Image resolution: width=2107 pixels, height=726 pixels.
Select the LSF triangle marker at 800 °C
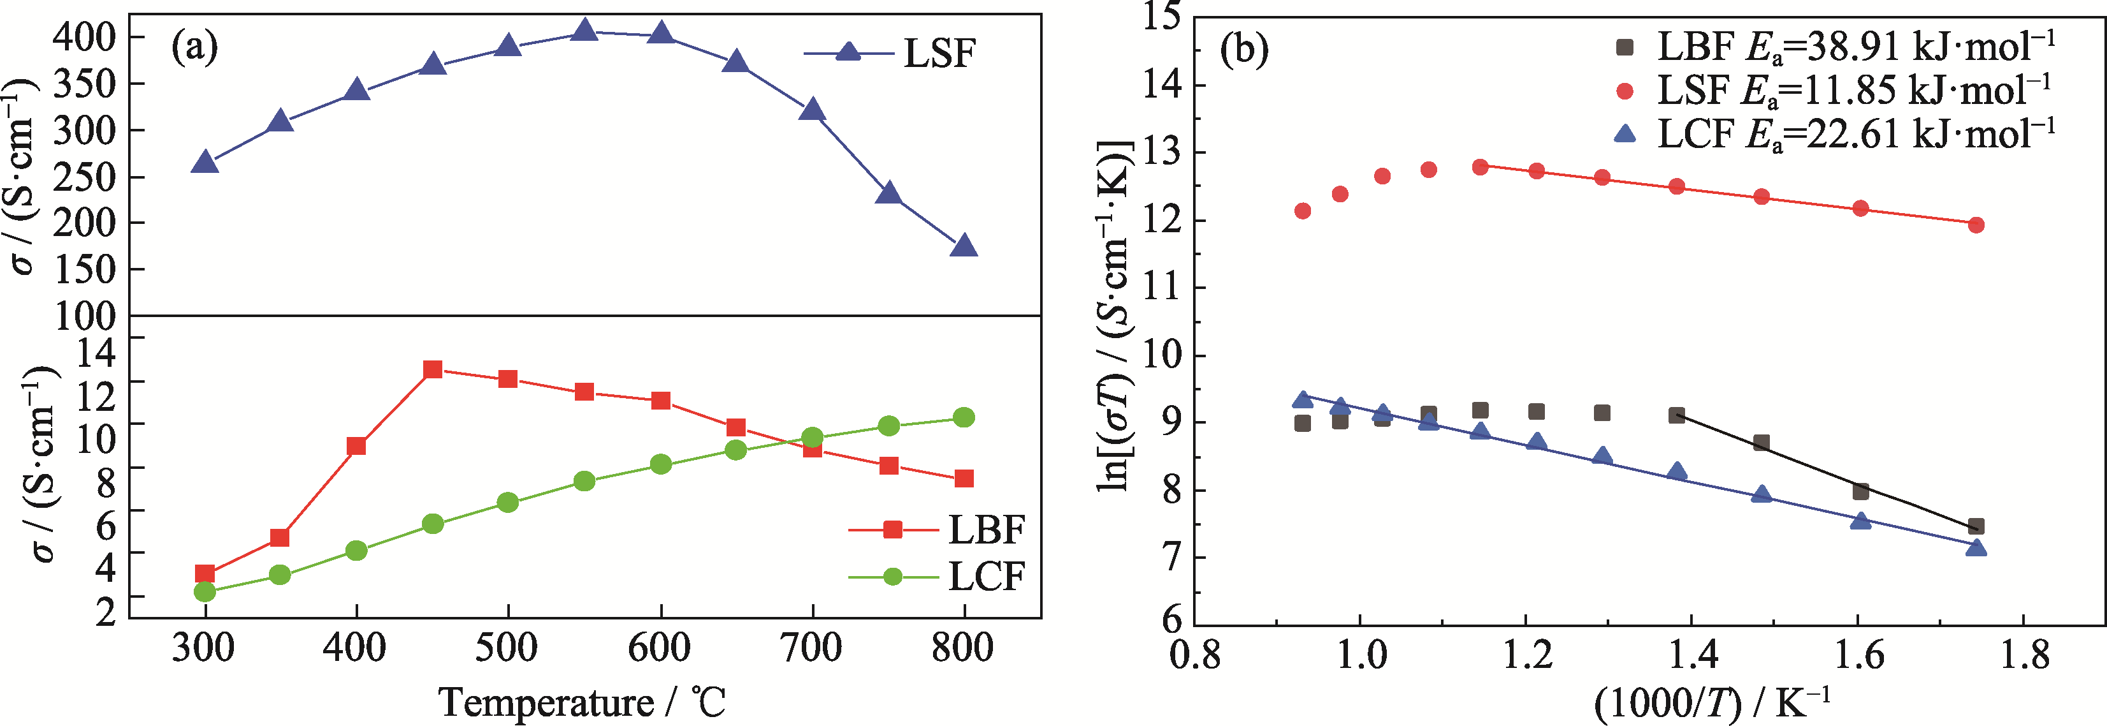964,246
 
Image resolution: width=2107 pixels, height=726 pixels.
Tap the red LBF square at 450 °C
433,369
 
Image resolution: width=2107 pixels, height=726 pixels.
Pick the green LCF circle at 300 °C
205,591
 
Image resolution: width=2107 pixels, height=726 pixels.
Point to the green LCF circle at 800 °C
964,417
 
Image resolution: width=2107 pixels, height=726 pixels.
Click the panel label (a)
194,47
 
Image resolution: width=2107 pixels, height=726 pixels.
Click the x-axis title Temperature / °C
583,702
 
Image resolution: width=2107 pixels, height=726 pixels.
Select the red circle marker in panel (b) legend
1625,91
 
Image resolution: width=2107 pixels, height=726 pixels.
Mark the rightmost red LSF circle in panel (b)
1975,225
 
